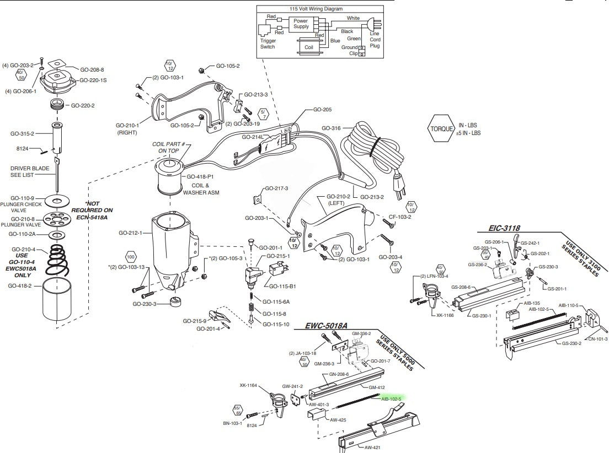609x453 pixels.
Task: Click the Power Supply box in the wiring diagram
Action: (301, 23)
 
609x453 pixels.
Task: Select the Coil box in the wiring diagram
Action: (308, 47)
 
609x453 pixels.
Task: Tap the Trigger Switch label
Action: (268, 44)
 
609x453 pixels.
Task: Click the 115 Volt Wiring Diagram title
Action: (316, 9)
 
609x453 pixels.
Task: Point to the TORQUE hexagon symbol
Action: (441, 129)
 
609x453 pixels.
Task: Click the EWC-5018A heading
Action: (327, 326)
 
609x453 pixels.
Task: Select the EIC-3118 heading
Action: (504, 227)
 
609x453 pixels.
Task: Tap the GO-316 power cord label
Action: (330, 128)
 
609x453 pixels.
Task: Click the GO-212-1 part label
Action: (130, 233)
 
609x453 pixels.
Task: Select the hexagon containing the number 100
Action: (131, 257)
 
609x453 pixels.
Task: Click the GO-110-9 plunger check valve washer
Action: (57, 198)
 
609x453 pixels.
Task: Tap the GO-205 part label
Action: (322, 110)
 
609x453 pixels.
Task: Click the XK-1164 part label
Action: (249, 385)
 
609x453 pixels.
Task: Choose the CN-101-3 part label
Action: (598, 339)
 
